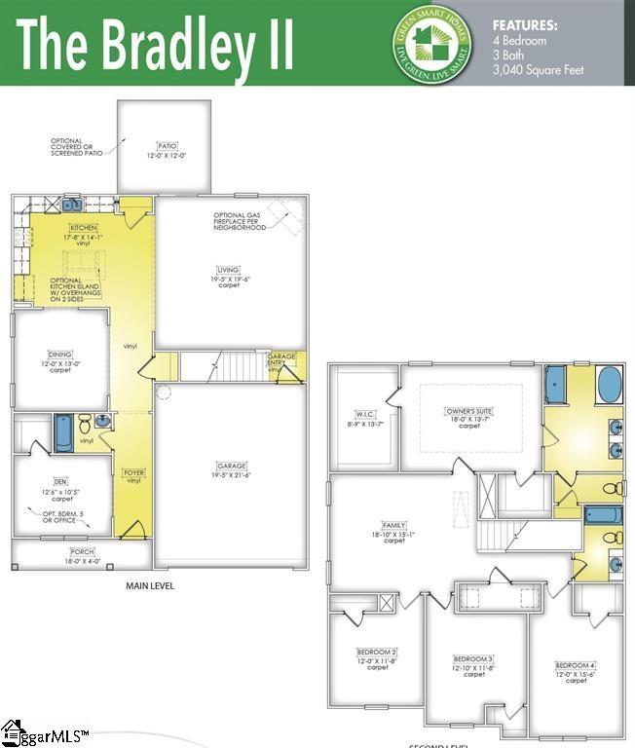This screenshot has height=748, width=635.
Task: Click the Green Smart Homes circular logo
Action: coord(431,43)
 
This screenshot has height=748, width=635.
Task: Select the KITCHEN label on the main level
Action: coord(84,226)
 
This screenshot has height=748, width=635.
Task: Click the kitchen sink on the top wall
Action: coord(73,205)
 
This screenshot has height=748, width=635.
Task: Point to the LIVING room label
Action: coord(229,270)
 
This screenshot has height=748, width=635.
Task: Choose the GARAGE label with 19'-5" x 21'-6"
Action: coord(232,466)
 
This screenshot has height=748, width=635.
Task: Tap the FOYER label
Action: coord(133,473)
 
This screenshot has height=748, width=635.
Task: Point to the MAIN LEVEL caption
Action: coord(150,585)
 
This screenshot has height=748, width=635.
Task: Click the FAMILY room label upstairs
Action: coord(393,524)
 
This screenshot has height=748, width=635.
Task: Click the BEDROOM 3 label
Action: coord(473,658)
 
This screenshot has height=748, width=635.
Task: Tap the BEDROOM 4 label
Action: coord(576,665)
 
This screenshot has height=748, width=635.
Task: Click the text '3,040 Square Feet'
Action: coord(539,69)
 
